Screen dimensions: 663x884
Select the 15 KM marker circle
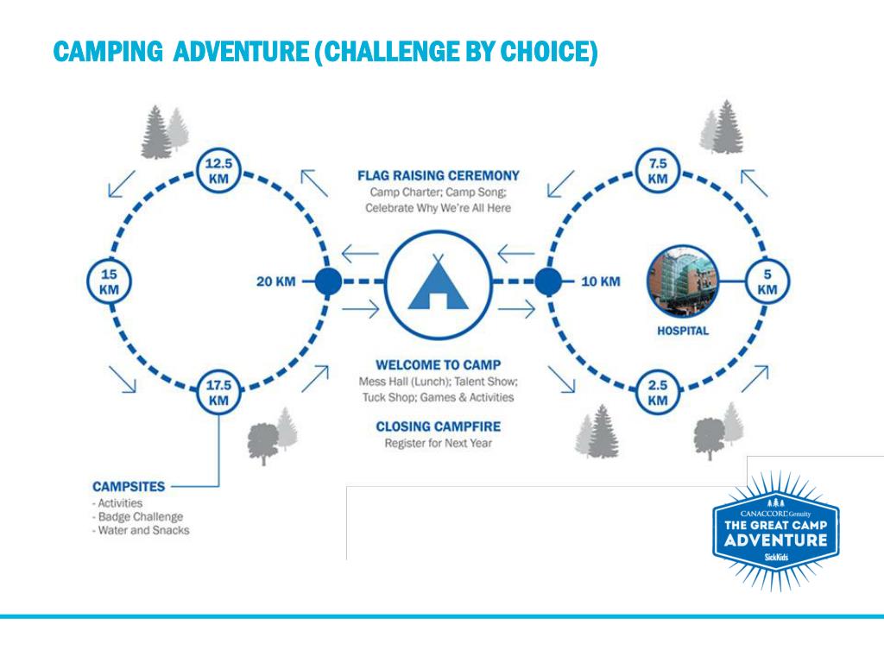click(109, 281)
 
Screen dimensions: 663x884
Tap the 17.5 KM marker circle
click(218, 392)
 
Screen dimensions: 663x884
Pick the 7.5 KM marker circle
click(658, 169)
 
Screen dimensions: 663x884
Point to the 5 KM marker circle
click(767, 281)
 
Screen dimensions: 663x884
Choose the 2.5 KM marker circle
click(658, 392)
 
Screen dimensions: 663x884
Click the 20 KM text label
click(276, 281)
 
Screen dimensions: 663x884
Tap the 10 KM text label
click(600, 281)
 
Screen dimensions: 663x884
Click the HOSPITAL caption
click(683, 331)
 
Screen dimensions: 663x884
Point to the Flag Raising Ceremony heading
click(439, 176)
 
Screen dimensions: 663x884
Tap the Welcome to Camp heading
click(438, 364)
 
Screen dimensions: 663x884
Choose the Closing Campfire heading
click(438, 426)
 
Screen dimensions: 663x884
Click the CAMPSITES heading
click(129, 487)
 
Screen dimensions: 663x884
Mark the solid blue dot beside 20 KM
click(327, 281)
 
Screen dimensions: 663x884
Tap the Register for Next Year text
click(438, 444)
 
